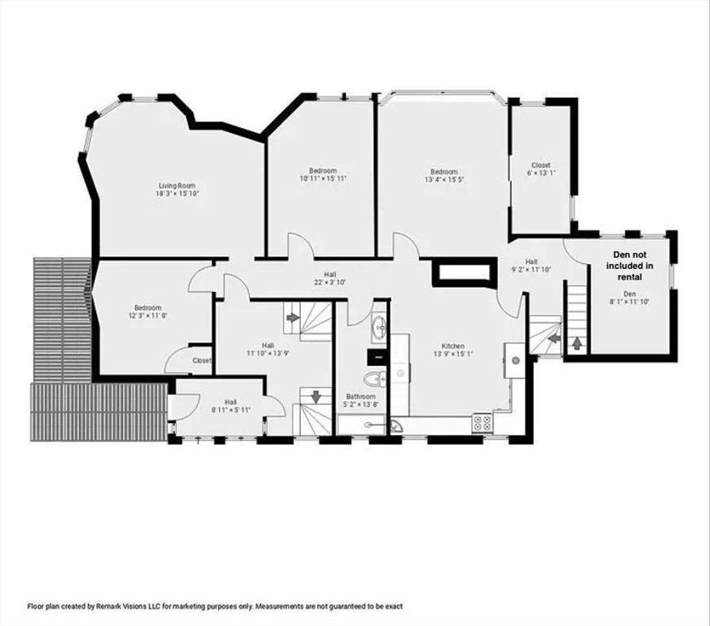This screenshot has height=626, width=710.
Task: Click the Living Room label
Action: tap(177, 186)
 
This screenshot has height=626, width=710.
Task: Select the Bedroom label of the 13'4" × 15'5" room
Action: tap(443, 172)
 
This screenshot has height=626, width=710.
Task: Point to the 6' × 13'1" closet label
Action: tap(541, 165)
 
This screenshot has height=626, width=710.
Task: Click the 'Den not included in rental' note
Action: tap(633, 265)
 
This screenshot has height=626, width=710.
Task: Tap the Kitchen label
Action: tap(448, 346)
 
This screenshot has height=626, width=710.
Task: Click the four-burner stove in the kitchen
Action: tap(482, 422)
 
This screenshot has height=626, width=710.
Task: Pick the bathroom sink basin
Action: tap(379, 329)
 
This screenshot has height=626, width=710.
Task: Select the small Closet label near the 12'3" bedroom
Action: tap(201, 360)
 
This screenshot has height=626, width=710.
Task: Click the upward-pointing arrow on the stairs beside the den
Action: tap(577, 343)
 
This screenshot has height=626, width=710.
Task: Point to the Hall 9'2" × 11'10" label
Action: tap(531, 266)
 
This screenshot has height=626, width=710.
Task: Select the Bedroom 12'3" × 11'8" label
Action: tap(148, 311)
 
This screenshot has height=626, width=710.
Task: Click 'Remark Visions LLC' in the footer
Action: tap(126, 606)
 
